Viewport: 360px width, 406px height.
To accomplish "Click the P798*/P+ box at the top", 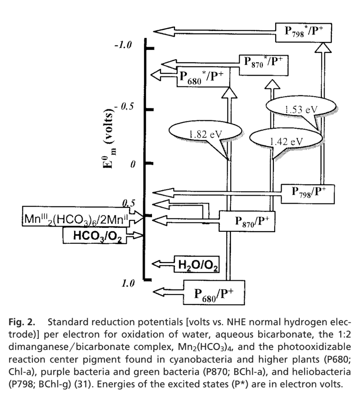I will (302, 32).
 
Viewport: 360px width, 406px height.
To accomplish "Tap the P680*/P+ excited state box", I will (203, 77).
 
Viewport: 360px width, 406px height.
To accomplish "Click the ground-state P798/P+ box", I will (308, 191).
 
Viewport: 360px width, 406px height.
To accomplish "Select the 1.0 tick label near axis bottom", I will (129, 283).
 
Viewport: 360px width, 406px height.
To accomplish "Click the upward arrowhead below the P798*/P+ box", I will (320, 49).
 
